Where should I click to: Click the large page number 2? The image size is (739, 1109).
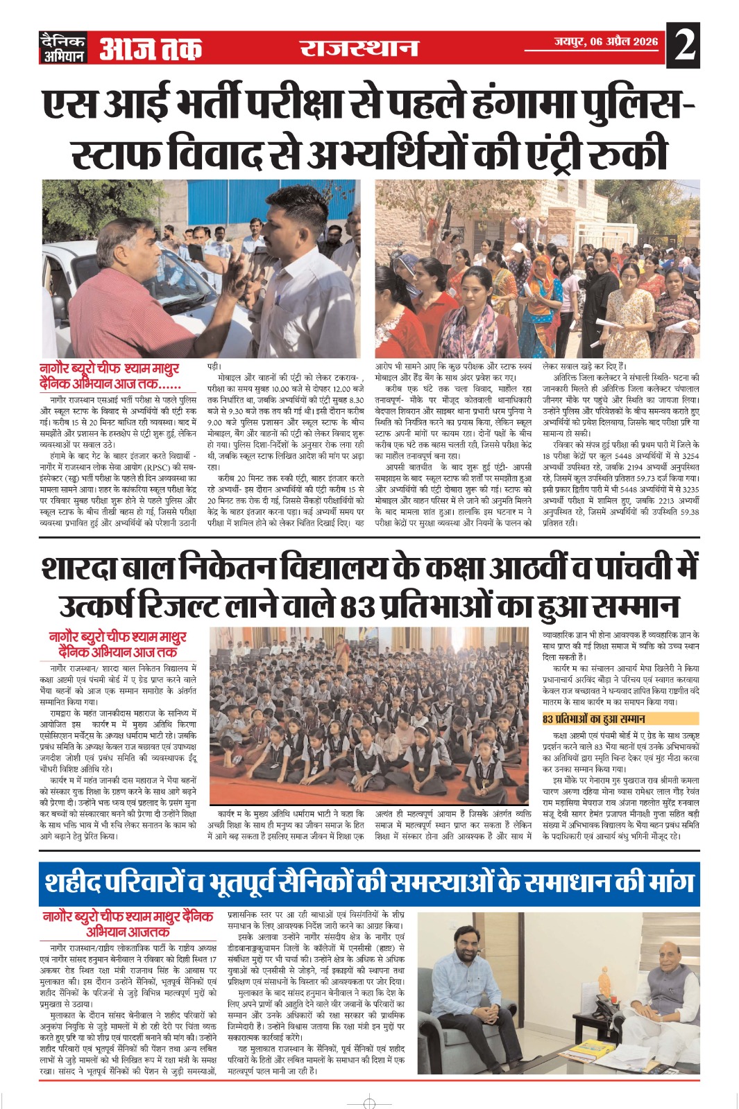point(683,46)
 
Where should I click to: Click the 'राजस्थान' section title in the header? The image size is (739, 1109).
point(359,48)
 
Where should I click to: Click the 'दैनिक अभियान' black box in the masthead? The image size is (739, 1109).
point(63,48)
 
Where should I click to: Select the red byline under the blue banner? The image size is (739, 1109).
point(128,924)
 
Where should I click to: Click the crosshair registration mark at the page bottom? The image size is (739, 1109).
point(370,1102)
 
